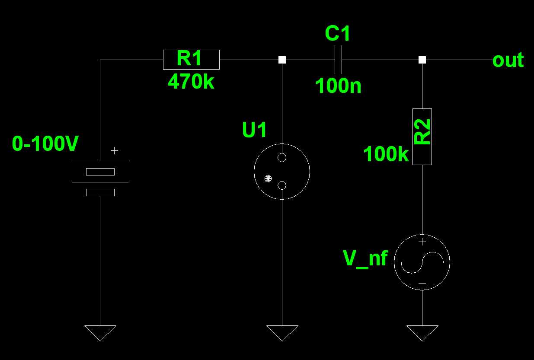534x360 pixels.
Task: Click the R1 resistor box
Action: [x=191, y=60]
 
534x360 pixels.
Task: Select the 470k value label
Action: [x=191, y=81]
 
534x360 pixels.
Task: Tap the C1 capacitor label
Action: [x=337, y=34]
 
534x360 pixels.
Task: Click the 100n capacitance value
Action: [x=338, y=86]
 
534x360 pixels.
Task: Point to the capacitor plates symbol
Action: [x=339, y=60]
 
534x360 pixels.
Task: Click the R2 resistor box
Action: [x=422, y=137]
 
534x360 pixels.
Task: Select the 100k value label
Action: [x=386, y=154]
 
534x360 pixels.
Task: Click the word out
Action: [x=508, y=60]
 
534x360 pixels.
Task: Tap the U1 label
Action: [x=255, y=130]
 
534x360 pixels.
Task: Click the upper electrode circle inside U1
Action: [x=282, y=157]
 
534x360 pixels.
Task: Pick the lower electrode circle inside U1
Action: [x=282, y=185]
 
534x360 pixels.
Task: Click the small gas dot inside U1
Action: [x=268, y=178]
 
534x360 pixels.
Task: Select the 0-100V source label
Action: [x=45, y=144]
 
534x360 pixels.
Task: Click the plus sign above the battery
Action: [x=114, y=150]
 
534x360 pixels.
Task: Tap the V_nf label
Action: [x=365, y=258]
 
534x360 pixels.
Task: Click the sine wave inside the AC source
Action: [x=422, y=262]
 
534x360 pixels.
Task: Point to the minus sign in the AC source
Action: [x=422, y=284]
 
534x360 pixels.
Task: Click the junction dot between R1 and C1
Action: [x=282, y=60]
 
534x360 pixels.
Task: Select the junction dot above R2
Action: [x=422, y=60]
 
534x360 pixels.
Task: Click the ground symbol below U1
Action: [x=282, y=332]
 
